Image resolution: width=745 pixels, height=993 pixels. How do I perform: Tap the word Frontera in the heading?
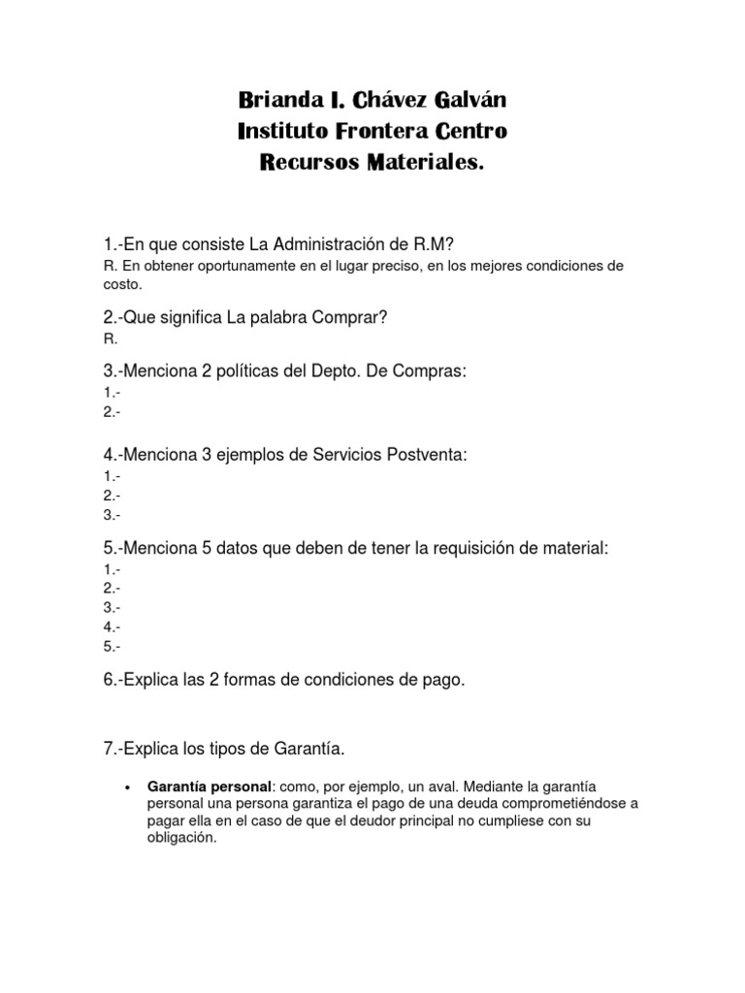[386, 131]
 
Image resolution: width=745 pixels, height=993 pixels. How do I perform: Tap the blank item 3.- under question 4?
[111, 515]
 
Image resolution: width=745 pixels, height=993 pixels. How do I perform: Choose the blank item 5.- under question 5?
[111, 646]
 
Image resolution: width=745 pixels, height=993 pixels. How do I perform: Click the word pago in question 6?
[443, 680]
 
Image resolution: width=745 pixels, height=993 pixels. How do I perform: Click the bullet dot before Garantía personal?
[128, 785]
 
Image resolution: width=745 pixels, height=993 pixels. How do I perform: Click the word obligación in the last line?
[178, 838]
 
